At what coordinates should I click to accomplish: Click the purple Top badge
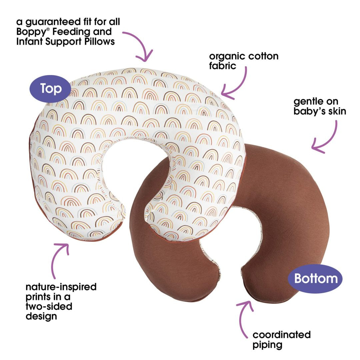click(50, 89)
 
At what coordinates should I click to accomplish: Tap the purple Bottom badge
click(315, 278)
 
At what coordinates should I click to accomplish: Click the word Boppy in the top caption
click(31, 32)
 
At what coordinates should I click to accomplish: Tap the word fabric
click(222, 66)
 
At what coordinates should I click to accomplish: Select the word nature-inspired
click(61, 287)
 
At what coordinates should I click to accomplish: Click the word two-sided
click(49, 306)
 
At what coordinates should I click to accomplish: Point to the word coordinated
click(281, 335)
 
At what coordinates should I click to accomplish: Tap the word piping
click(267, 345)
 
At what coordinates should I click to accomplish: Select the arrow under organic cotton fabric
click(239, 85)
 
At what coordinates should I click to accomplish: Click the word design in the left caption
click(41, 316)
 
